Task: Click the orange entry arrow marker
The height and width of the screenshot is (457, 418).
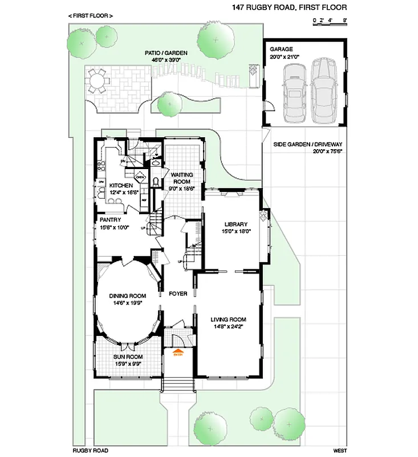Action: pos(177,352)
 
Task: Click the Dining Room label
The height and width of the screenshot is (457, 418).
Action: pos(128,296)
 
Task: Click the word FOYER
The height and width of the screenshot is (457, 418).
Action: pos(178,294)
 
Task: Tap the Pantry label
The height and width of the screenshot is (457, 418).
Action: pos(110,219)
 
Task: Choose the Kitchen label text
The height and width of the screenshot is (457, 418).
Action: pos(121,186)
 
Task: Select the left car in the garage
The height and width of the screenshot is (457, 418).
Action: pos(295,91)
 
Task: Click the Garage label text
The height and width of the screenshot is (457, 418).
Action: pos(281,50)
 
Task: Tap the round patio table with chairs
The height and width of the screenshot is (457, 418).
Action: pos(99,82)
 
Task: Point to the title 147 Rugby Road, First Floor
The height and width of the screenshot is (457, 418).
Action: pos(289,7)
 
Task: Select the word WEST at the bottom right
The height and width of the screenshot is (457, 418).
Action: pos(340,450)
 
